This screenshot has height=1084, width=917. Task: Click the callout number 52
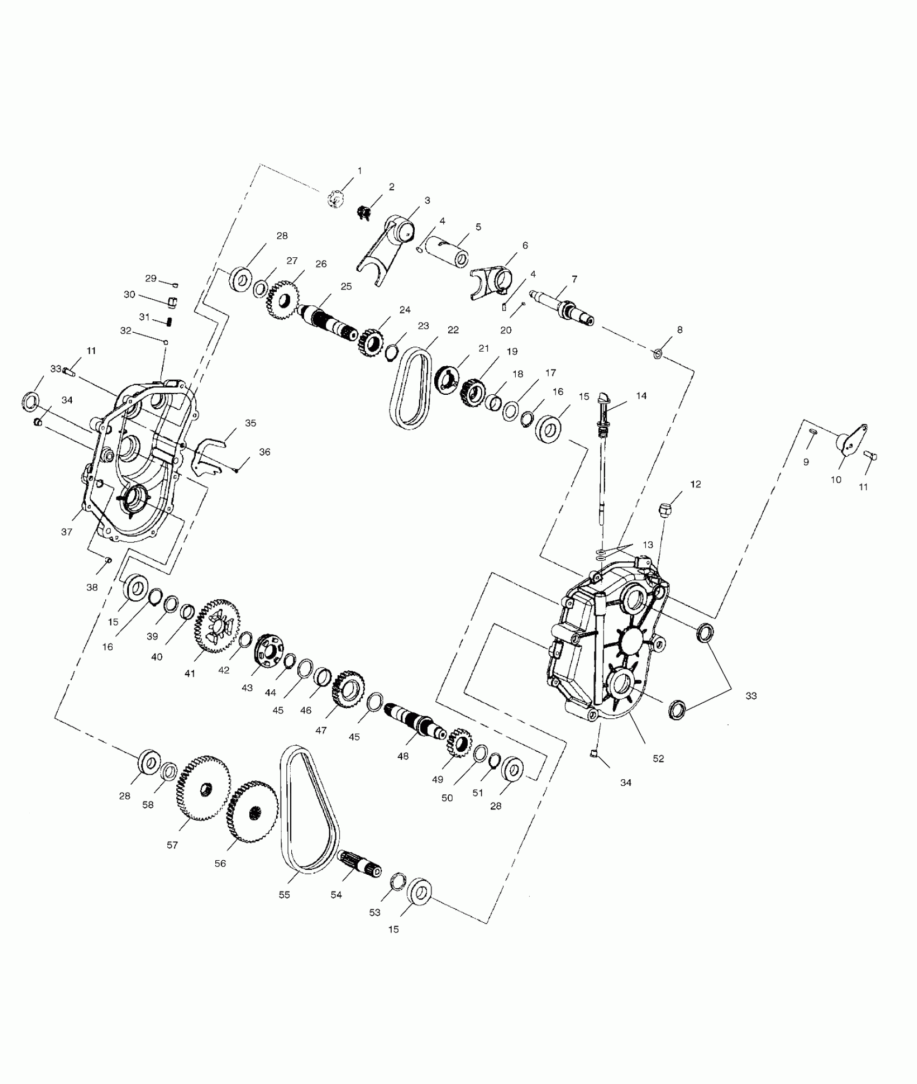(x=658, y=758)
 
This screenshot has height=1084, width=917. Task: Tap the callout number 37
(x=66, y=532)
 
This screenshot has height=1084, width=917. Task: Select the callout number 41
(x=189, y=674)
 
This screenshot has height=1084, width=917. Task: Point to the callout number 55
(x=284, y=895)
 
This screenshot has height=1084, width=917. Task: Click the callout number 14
(x=641, y=395)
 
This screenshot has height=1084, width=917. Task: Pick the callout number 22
(x=453, y=330)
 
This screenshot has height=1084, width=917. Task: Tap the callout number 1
(x=360, y=170)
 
